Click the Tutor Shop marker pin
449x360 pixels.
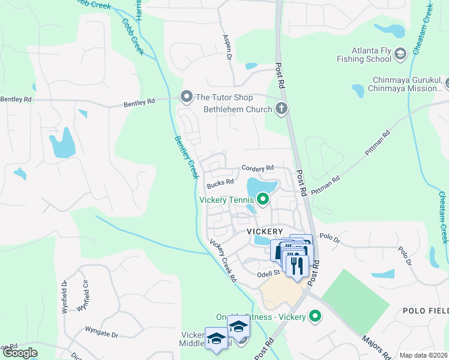click(186, 97)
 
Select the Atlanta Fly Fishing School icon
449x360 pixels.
click(400, 56)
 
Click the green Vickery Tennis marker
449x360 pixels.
click(262, 199)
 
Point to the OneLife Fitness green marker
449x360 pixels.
click(314, 316)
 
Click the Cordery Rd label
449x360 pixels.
click(258, 168)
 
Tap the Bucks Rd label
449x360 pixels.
click(220, 182)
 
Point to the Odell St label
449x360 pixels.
click(269, 272)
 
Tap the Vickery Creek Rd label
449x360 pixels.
click(223, 262)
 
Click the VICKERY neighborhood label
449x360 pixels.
click(264, 231)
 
